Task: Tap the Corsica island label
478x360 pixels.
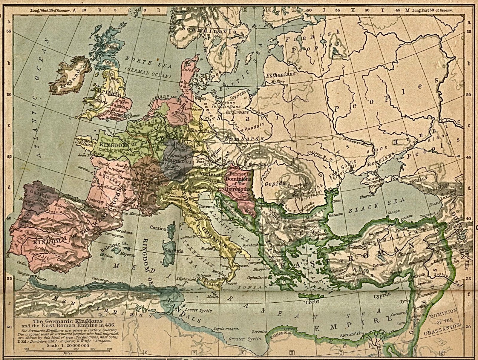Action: tap(158, 228)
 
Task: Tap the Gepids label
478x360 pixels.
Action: tap(275, 183)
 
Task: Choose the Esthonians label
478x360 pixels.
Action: tap(281, 74)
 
